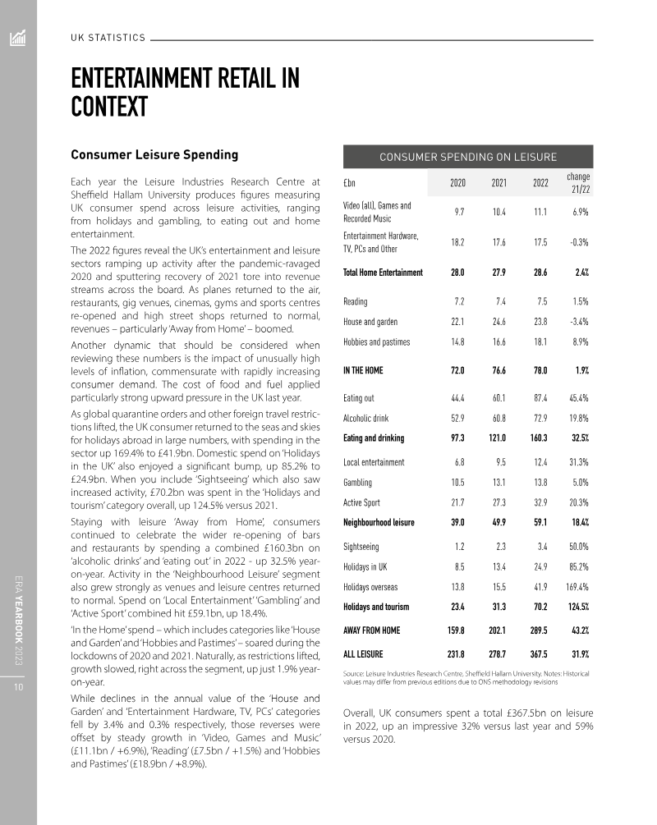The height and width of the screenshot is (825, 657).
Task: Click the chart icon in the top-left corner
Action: click(18, 38)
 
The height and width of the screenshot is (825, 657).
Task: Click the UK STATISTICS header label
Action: click(108, 38)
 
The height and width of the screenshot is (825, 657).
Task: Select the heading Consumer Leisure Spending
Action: click(154, 154)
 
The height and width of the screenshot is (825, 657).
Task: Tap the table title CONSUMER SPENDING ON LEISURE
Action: click(467, 157)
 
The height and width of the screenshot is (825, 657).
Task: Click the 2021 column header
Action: click(498, 182)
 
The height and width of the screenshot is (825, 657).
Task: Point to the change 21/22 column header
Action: click(578, 182)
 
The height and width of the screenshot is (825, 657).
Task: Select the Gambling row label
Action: click(357, 483)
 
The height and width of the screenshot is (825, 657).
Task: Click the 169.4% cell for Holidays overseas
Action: click(577, 587)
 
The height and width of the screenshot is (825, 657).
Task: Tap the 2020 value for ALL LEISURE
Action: click(454, 654)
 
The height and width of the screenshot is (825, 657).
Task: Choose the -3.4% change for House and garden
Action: click(577, 322)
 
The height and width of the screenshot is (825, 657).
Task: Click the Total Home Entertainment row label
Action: click(383, 273)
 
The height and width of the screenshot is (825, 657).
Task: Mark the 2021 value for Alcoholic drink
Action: click(497, 418)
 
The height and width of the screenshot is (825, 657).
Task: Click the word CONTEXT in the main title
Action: click(108, 106)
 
